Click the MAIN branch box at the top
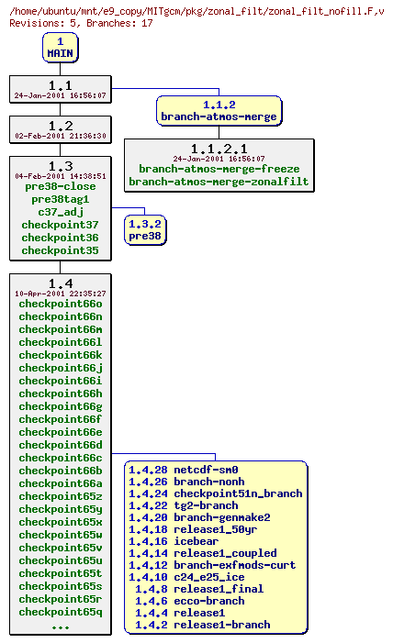tap(60, 48)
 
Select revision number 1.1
tap(61, 84)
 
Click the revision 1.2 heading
tap(61, 126)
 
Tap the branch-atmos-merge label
tap(219, 116)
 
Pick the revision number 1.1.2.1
tap(219, 148)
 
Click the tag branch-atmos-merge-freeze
tap(219, 169)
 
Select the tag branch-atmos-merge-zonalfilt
tap(219, 182)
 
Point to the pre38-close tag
tap(61, 186)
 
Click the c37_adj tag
tap(61, 212)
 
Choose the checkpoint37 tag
tap(61, 225)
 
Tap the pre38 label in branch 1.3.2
tap(145, 236)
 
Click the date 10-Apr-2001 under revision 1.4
tap(61, 294)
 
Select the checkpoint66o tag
tap(61, 304)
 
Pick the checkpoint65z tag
tap(61, 496)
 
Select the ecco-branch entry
tap(208, 601)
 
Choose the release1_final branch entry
tap(218, 589)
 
